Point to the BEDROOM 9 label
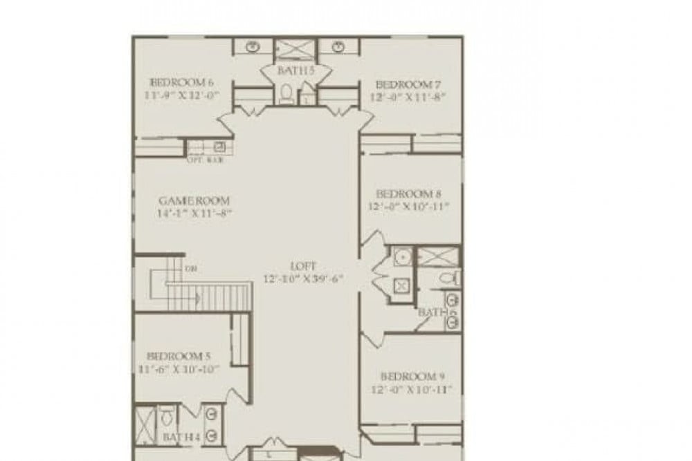click(x=412, y=377)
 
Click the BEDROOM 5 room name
click(x=179, y=356)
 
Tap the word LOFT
click(x=303, y=266)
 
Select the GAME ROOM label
click(x=194, y=200)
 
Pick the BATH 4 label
click(x=181, y=437)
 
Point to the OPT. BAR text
click(x=205, y=160)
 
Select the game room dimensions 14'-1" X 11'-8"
click(x=194, y=213)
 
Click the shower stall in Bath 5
click(x=295, y=50)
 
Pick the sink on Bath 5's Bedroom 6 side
click(x=254, y=47)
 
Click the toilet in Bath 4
click(x=166, y=417)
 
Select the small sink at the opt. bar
click(x=219, y=147)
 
